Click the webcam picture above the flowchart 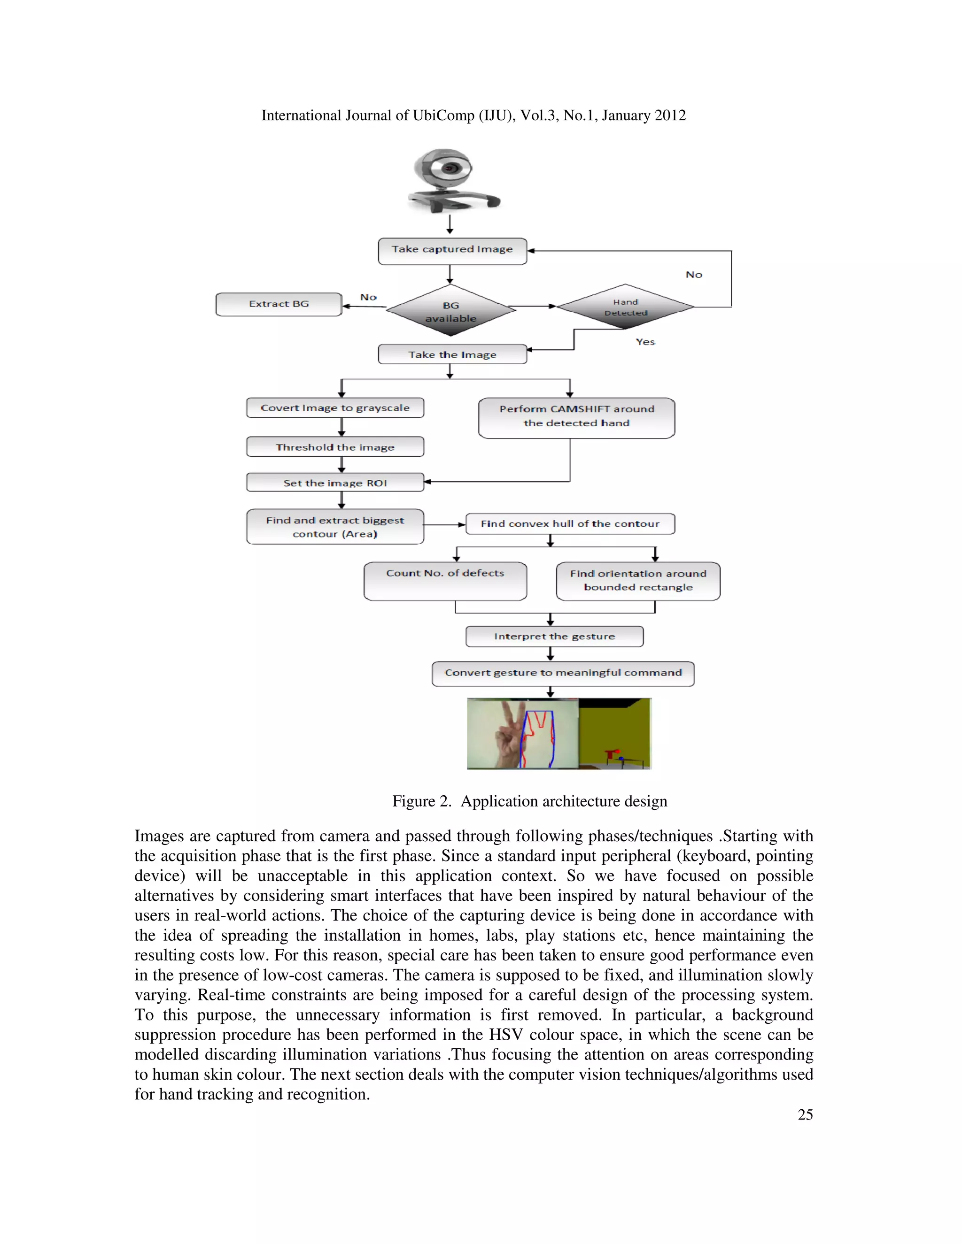click(451, 181)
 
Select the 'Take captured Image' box click(452, 251)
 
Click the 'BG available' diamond click(451, 311)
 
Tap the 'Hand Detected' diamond click(625, 307)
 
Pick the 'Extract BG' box click(279, 304)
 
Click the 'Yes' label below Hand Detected click(645, 342)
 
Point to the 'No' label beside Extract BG click(368, 297)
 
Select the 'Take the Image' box click(452, 354)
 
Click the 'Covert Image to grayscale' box click(335, 408)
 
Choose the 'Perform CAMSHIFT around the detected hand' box click(576, 417)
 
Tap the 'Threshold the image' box click(335, 447)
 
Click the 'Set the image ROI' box click(335, 483)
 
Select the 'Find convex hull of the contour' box click(570, 523)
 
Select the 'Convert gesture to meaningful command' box click(563, 673)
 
